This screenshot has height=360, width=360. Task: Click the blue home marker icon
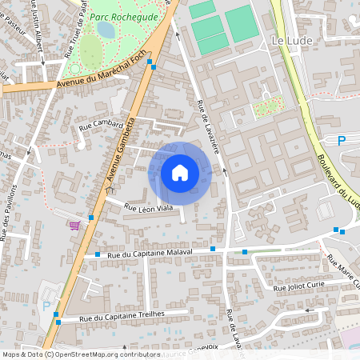[180, 173]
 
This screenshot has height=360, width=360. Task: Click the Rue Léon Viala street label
[149, 208]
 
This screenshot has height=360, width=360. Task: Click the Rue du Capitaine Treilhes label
[122, 315]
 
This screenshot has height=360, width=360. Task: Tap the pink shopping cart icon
[74, 225]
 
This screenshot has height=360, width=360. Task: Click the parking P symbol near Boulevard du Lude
[342, 141]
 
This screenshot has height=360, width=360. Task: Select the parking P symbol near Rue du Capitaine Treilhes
[46, 306]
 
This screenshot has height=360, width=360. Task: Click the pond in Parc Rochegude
[105, 30]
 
